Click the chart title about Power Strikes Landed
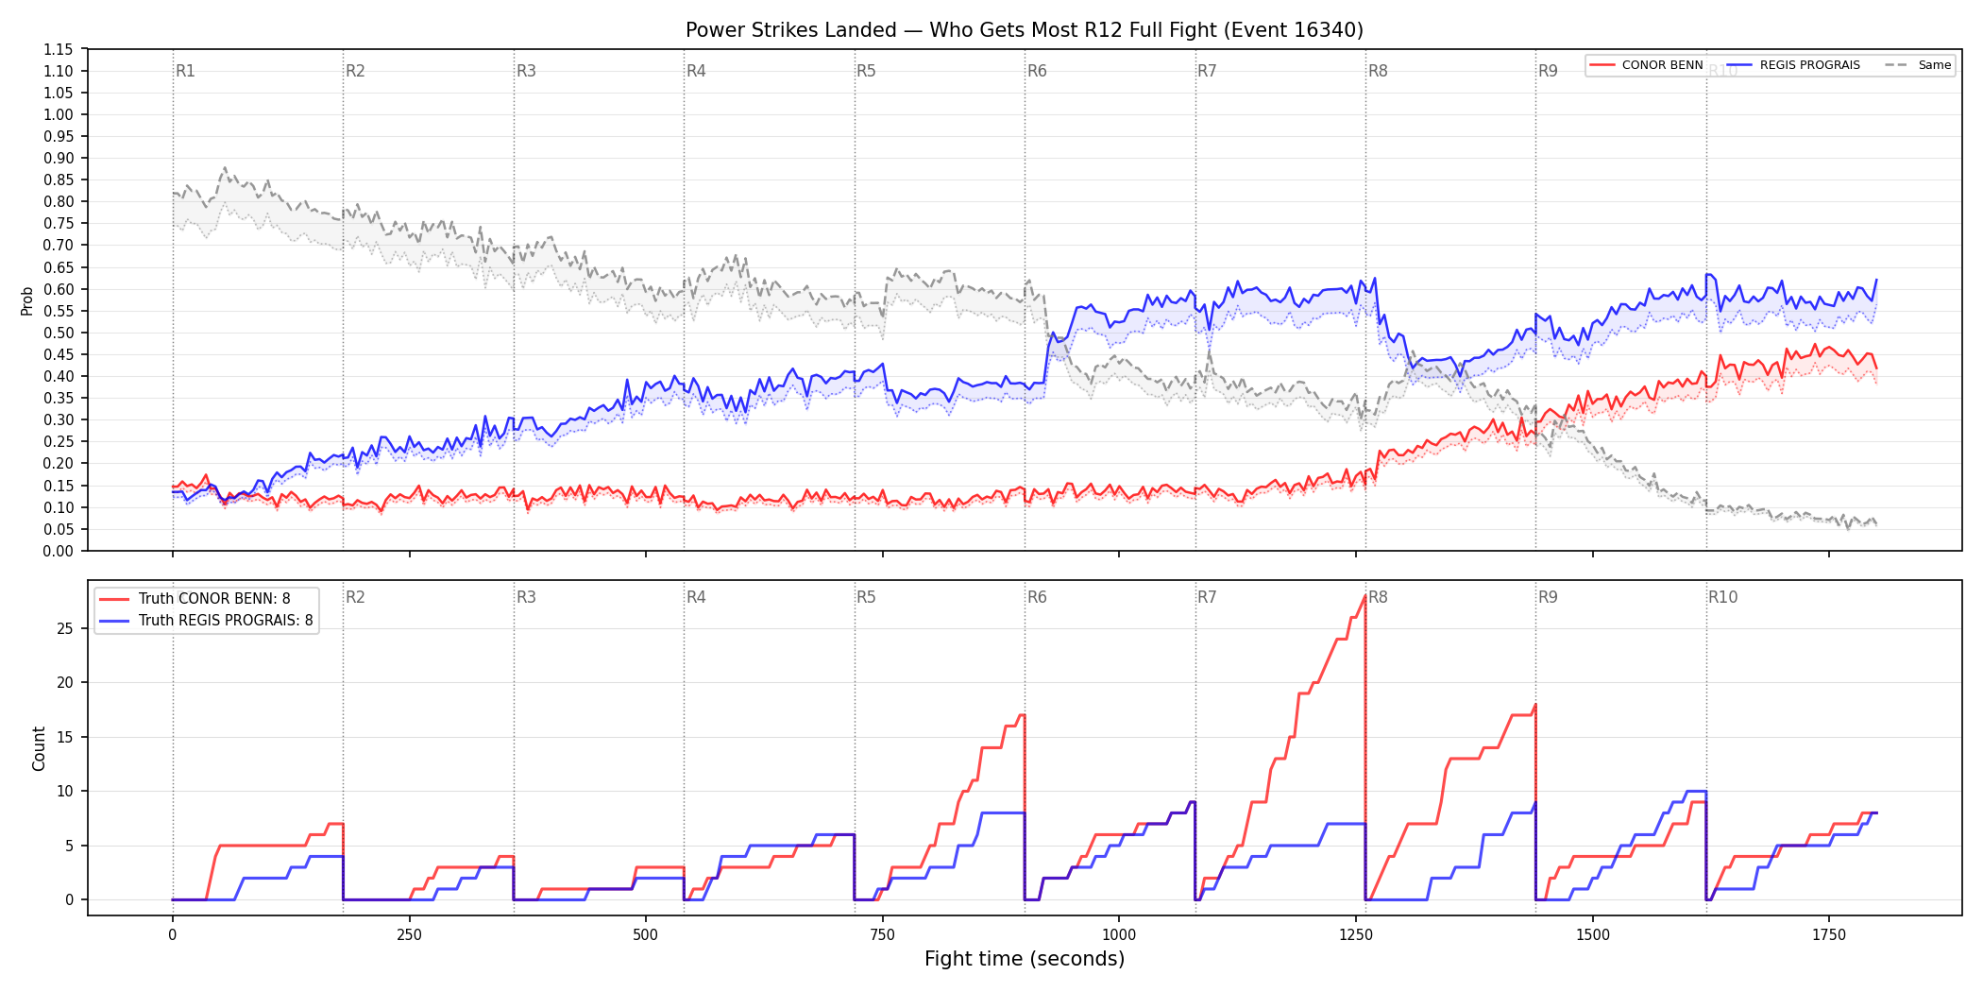1025,30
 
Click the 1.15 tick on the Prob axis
59,49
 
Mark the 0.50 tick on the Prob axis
59,333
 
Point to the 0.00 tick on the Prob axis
59,551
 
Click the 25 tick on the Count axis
64,628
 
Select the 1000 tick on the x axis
1119,935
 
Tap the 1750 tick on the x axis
1829,935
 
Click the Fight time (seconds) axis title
1025,959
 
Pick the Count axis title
39,748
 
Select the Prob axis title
26,300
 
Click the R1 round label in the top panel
185,71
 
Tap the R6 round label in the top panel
1037,71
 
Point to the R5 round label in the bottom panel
866,597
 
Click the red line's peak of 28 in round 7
1364,596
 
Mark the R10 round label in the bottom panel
1722,597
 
